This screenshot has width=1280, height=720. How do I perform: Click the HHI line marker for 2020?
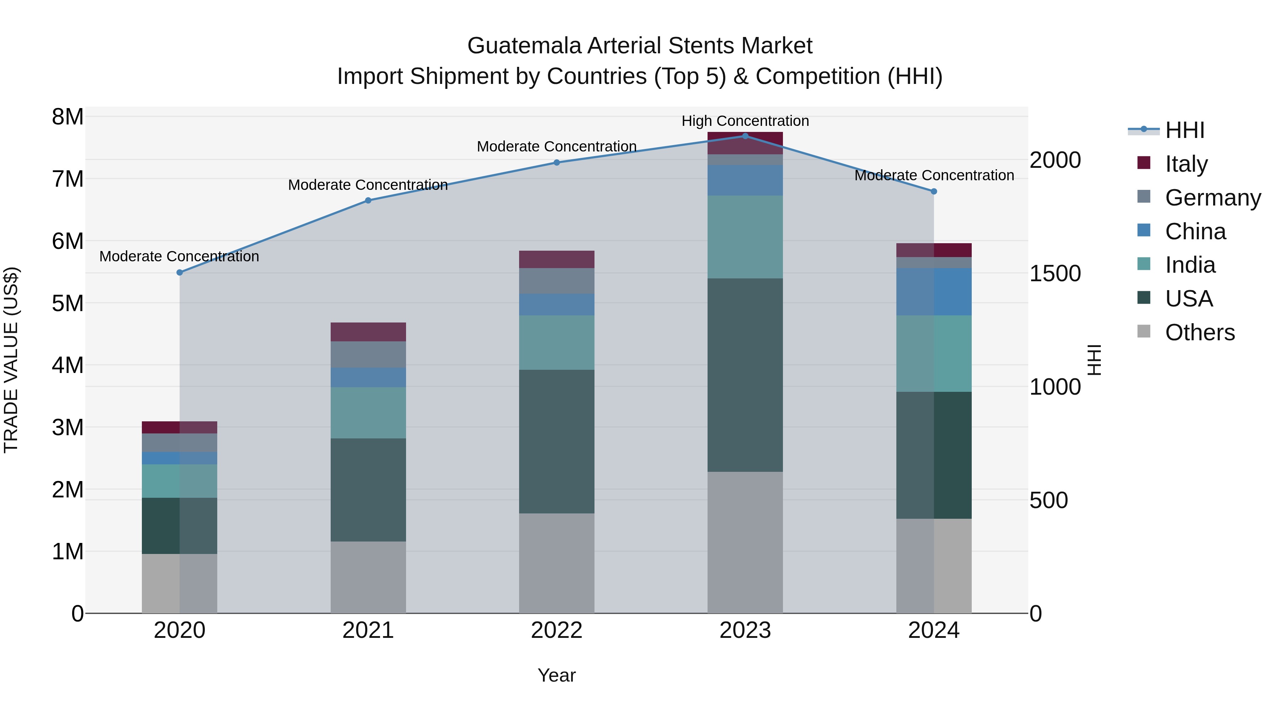[x=180, y=272]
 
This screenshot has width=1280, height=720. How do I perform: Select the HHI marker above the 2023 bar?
[x=745, y=136]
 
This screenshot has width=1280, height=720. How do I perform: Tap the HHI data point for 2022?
[x=556, y=162]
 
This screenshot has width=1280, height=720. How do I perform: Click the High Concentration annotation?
[x=745, y=121]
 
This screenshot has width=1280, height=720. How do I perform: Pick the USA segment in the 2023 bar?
[x=745, y=375]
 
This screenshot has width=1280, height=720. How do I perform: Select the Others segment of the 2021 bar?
[x=368, y=577]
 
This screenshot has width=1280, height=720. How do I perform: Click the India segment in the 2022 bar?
[x=556, y=342]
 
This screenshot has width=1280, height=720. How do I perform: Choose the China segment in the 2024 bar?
[x=934, y=292]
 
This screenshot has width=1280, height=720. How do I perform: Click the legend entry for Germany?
[x=1212, y=198]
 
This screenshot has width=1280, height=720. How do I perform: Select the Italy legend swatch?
[x=1144, y=163]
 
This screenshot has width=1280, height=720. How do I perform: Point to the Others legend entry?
[x=1200, y=332]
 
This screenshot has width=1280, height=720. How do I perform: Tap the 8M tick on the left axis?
[x=68, y=117]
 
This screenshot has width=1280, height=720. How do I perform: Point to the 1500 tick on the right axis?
[x=1055, y=273]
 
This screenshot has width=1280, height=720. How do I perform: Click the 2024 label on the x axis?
[x=934, y=630]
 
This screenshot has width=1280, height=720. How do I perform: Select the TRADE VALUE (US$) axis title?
[x=11, y=360]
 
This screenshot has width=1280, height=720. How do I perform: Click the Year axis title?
[x=556, y=675]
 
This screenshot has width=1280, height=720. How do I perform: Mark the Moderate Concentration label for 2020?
[x=180, y=256]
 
